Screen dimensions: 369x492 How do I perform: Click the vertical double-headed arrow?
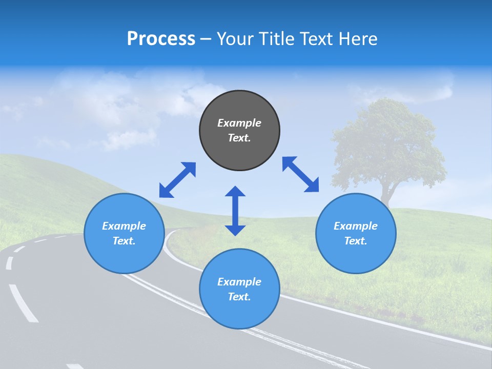point(235,211)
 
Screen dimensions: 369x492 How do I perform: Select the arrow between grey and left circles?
point(177,180)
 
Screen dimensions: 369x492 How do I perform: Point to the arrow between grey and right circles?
point(301,174)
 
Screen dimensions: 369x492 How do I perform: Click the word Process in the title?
point(161,39)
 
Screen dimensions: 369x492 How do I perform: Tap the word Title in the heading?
point(276,39)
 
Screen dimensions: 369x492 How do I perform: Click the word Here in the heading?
point(358,39)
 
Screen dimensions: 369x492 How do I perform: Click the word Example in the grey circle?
point(239,123)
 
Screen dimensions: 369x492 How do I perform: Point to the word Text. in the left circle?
point(124,241)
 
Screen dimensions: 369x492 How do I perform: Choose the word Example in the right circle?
point(356,226)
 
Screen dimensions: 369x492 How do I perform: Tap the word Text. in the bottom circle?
point(239,297)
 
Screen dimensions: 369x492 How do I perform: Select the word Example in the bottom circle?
point(239,282)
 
